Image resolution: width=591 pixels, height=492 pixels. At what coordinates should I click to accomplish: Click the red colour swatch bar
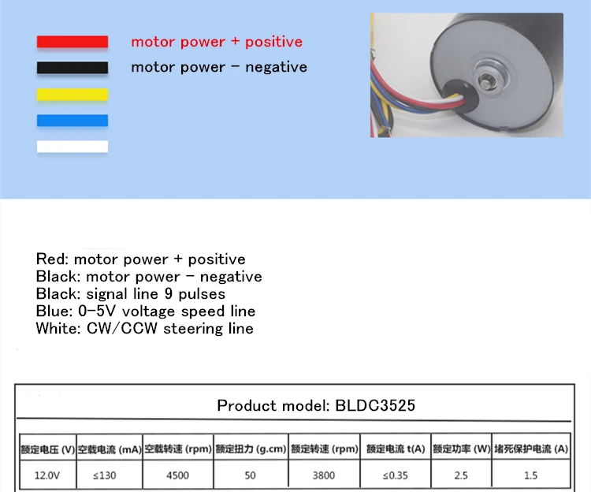[72, 42]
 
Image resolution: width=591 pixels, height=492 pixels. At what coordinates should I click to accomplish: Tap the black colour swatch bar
[72, 68]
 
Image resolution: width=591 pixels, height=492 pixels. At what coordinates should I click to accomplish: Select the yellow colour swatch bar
[72, 94]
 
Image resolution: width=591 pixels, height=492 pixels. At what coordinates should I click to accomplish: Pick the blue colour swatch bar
[72, 120]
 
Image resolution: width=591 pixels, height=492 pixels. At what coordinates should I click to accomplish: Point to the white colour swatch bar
[72, 146]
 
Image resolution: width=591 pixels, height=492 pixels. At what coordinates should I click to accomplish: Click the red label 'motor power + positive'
[217, 42]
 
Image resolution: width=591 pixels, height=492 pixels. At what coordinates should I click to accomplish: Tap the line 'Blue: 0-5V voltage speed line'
[146, 311]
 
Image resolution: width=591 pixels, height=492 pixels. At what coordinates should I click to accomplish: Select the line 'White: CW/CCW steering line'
[145, 329]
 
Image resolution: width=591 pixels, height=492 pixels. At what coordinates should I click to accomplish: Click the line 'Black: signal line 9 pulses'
[131, 294]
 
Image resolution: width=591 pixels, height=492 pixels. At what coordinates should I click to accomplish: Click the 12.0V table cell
[47, 475]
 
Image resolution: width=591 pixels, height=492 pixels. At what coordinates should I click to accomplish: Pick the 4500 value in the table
[177, 475]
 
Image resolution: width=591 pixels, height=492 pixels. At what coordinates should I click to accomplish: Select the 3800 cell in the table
[323, 475]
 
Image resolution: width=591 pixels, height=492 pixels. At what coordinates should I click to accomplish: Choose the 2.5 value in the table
[461, 475]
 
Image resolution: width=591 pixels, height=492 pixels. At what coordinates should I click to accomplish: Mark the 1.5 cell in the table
[530, 475]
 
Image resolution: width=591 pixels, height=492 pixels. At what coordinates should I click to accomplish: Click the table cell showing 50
[251, 475]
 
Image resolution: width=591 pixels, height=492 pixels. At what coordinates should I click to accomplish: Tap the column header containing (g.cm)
[251, 449]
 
